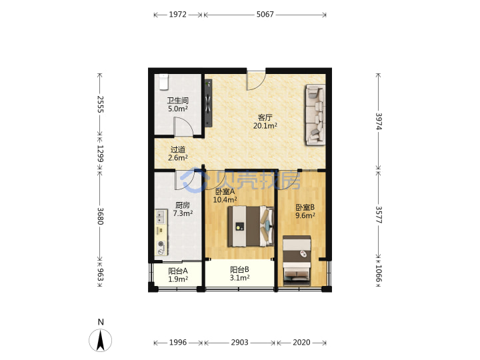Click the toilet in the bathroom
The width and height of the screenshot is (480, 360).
164,82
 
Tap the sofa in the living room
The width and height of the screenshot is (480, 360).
315,115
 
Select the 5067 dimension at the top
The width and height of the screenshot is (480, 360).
265,15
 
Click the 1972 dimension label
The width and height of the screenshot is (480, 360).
177,15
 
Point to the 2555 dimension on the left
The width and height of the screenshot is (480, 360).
100,105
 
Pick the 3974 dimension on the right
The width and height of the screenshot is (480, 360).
379,121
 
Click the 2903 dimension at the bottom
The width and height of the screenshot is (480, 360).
240,342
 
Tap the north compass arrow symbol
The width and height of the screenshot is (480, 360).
101,340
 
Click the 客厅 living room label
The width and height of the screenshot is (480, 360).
265,117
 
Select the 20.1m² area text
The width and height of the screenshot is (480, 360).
265,125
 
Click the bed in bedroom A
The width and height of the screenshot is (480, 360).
251,226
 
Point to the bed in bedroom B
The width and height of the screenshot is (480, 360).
297,261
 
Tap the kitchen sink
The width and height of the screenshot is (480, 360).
161,217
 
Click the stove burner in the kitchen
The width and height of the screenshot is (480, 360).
161,247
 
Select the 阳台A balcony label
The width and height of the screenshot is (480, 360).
178,271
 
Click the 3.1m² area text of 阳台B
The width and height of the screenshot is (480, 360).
240,278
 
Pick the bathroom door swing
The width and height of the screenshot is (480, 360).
183,126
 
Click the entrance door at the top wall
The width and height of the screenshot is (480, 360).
256,81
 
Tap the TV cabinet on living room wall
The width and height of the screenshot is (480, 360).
209,103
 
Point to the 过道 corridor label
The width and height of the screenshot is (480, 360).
178,149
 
